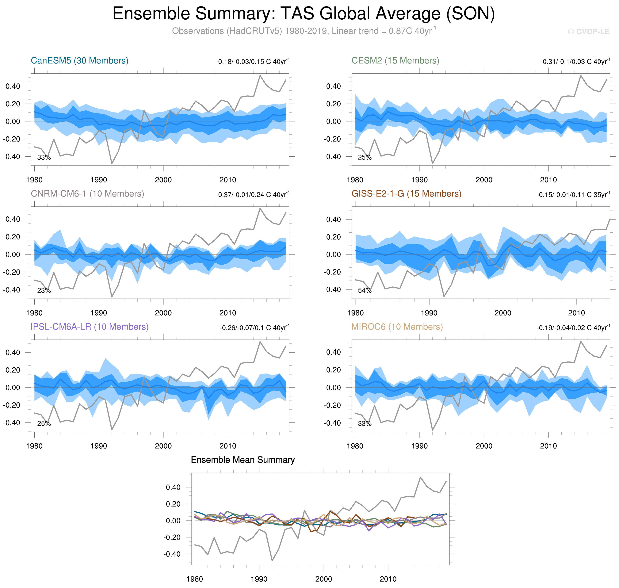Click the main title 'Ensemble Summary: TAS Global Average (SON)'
coord(303,14)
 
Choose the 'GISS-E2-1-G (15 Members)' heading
coord(406,194)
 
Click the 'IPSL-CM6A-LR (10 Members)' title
coord(89,327)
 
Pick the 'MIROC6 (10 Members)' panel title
coord(397,327)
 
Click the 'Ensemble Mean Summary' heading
coord(243,460)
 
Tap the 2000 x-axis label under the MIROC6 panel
coord(484,446)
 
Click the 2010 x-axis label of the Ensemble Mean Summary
coord(388,579)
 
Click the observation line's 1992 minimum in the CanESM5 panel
coord(112,163)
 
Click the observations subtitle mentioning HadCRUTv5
coord(303,31)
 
